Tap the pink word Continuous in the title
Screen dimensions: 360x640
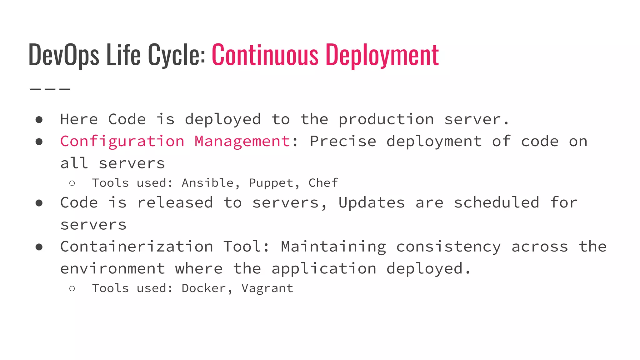[x=265, y=55]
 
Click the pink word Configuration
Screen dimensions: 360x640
[x=122, y=142]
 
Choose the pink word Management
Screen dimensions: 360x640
[x=242, y=142]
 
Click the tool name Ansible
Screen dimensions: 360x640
[x=207, y=183]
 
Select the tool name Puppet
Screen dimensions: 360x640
[x=271, y=183]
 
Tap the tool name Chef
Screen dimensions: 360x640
[x=323, y=183]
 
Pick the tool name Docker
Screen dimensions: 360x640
[x=203, y=288]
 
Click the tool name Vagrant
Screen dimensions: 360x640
[x=267, y=288]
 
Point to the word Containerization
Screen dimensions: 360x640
[x=137, y=247]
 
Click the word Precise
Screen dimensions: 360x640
[x=343, y=142]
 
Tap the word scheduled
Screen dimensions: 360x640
[x=496, y=202]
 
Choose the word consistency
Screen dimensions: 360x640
[x=448, y=247]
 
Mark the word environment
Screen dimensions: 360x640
[x=112, y=269]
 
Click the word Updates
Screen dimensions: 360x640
[x=372, y=203]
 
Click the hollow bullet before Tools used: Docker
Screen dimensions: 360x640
[x=72, y=288]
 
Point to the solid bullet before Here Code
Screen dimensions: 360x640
[x=39, y=120]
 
